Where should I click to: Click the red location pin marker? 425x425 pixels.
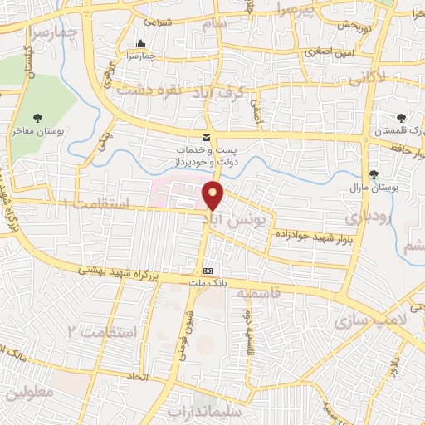[214, 196]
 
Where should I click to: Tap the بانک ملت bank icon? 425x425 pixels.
[208, 271]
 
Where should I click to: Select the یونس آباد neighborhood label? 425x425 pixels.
[237, 219]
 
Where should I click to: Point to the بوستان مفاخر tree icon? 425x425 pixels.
[37, 118]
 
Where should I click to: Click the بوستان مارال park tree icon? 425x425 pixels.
[374, 174]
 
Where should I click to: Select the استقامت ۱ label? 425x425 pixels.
[96, 203]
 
